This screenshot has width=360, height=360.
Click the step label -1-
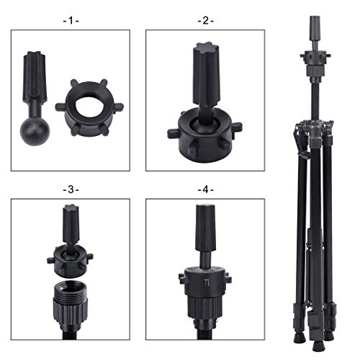point(71,21)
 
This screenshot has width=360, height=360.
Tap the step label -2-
point(205,21)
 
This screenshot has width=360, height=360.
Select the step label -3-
point(71,189)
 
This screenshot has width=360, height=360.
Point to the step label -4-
point(205,189)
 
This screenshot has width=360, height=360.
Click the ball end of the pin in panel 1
point(35,131)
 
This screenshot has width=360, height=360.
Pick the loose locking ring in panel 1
point(89,108)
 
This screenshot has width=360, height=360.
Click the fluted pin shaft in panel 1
point(35,75)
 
